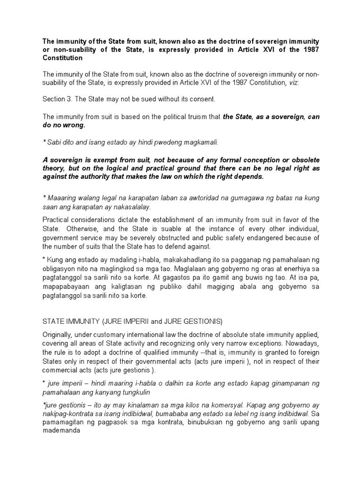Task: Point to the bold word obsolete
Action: point(300,160)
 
